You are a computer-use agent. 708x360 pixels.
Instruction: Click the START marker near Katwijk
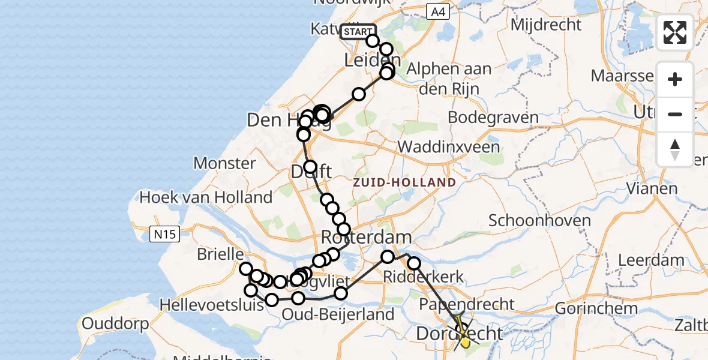[358, 32]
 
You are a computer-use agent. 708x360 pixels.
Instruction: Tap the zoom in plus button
[675, 80]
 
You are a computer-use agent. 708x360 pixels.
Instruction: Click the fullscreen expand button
[675, 32]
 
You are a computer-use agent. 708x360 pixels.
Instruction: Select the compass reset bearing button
[675, 149]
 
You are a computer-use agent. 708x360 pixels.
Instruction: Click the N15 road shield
[164, 233]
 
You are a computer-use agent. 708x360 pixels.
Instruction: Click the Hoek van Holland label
[206, 197]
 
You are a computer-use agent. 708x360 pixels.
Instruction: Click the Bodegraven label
[493, 116]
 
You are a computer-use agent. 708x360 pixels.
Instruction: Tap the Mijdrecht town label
[546, 25]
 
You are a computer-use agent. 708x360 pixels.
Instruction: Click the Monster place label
[225, 163]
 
